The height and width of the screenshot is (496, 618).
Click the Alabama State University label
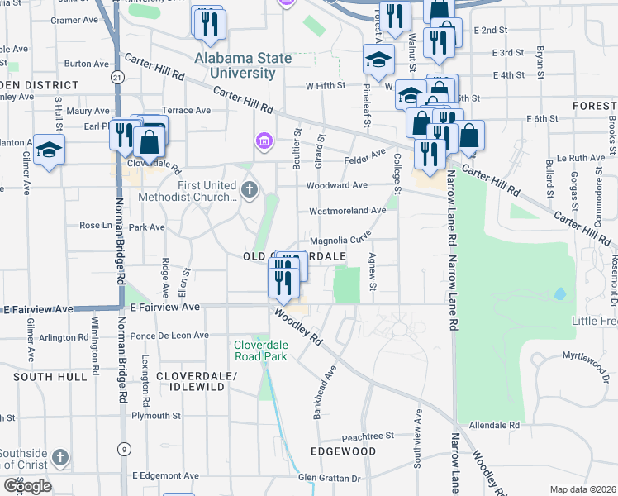243,65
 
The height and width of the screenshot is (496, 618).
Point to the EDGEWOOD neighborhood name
343,451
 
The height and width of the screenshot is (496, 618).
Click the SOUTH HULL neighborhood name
50,376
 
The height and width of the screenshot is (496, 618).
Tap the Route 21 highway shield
117,77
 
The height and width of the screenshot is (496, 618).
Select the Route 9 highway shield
122,450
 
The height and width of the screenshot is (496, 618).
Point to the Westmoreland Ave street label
348,211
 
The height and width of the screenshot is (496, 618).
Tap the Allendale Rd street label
493,425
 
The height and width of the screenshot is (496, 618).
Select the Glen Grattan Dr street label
330,478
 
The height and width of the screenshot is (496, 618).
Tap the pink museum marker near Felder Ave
264,141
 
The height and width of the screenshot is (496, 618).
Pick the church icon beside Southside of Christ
59,457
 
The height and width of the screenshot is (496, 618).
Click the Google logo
27,486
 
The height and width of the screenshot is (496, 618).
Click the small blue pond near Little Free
560,293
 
